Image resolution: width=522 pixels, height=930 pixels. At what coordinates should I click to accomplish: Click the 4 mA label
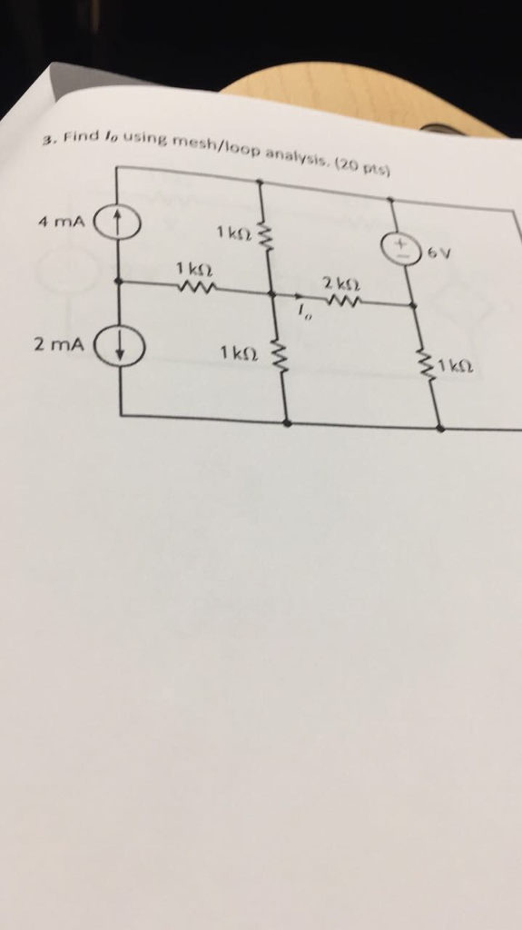point(62,222)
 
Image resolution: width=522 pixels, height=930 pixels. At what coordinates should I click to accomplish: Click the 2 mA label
point(59,344)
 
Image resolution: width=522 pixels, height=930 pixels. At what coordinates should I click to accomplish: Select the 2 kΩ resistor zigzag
point(340,302)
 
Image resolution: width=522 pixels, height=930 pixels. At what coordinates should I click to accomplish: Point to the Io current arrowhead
point(300,296)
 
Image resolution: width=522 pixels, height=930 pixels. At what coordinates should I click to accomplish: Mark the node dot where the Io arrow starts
point(273,293)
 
